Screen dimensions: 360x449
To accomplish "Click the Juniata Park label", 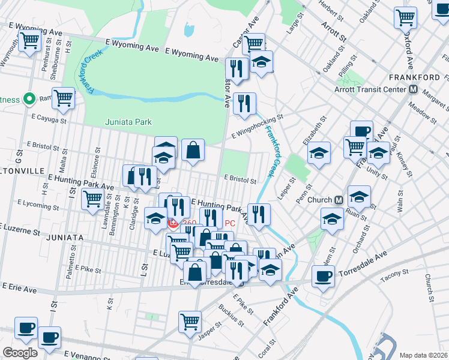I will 128,122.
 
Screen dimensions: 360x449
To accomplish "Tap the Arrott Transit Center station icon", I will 413,89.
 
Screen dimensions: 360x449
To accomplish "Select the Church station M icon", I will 339,200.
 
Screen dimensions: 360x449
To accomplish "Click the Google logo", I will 20,353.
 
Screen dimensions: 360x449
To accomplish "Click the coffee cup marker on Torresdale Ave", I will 324,276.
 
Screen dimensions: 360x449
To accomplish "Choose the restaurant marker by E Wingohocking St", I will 244,103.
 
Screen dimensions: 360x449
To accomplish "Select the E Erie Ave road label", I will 19,289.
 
